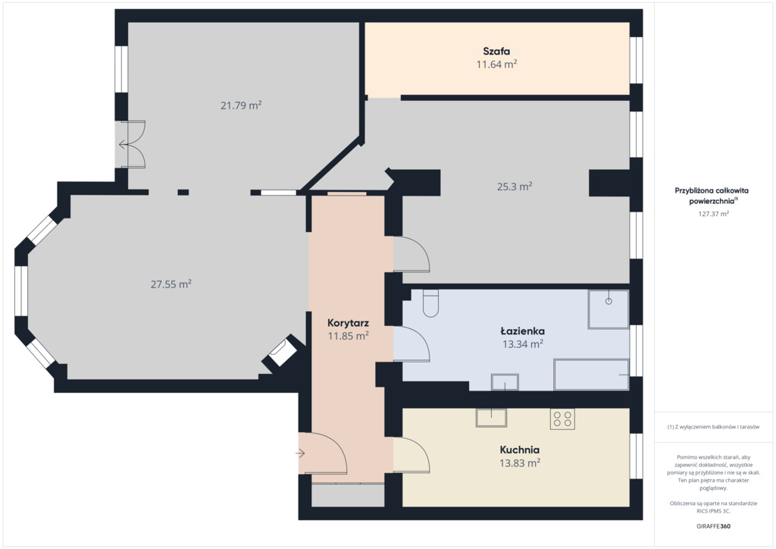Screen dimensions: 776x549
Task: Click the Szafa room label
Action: tap(496, 51)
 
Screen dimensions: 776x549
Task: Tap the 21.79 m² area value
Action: tap(241, 105)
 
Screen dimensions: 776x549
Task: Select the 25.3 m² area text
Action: tap(515, 186)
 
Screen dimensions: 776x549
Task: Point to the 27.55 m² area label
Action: tap(171, 284)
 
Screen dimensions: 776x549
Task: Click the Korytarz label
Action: tap(348, 323)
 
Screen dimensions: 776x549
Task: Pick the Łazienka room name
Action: tap(523, 331)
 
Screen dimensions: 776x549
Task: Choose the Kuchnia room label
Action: tap(520, 450)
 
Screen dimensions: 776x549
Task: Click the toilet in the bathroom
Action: tap(430, 303)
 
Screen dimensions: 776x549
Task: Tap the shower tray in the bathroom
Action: tap(609, 309)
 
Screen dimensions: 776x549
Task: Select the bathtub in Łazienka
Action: tap(591, 375)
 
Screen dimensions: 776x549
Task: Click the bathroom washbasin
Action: tap(505, 382)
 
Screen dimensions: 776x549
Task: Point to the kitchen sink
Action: tap(491, 417)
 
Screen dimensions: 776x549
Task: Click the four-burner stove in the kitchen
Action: tap(563, 419)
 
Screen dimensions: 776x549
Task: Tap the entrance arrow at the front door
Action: tap(300, 453)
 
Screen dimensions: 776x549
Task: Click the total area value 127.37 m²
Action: tap(713, 214)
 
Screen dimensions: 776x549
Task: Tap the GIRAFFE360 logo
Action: tap(713, 526)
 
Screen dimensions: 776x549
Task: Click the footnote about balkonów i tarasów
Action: tap(713, 427)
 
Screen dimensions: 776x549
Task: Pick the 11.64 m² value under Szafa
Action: tap(496, 64)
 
